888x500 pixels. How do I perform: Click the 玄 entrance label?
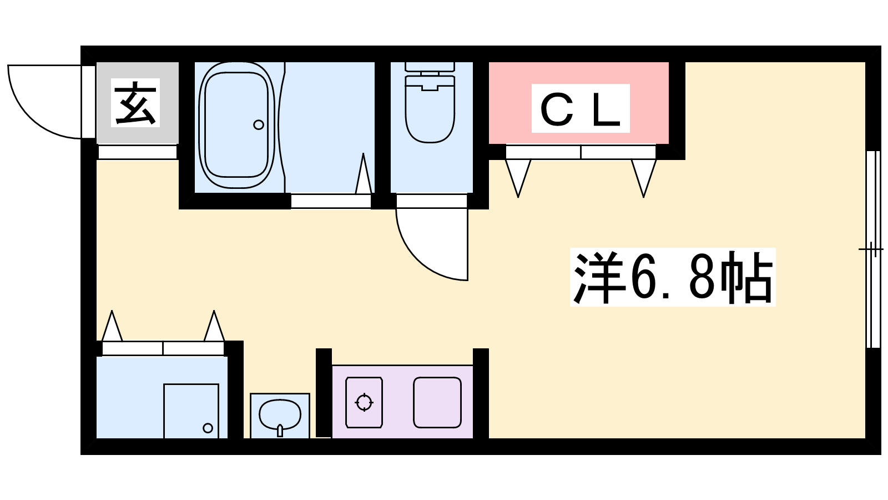(135, 103)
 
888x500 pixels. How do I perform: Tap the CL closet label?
(581, 108)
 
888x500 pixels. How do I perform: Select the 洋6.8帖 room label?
(673, 277)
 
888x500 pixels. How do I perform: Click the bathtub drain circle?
(259, 124)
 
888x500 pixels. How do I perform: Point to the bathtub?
(237, 125)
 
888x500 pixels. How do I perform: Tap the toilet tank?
(430, 67)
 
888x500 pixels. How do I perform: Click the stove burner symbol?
(364, 402)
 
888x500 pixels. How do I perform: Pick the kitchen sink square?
(437, 402)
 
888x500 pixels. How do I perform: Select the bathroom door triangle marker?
(363, 174)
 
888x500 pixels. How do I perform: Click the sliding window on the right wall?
(873, 249)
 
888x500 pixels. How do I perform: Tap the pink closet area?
(578, 103)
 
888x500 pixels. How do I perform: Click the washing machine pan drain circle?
(208, 428)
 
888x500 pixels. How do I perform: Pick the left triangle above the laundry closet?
(112, 326)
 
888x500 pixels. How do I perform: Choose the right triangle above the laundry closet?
(214, 326)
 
